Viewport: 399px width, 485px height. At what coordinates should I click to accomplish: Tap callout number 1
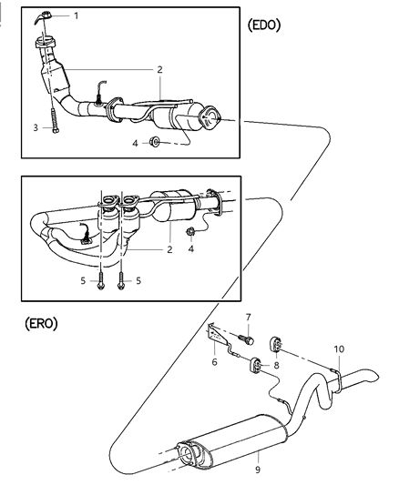76,15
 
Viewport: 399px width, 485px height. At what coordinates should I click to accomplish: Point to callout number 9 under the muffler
258,469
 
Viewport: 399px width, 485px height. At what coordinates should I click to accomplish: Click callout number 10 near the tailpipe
338,349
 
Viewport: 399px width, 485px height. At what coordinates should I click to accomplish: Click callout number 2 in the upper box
159,68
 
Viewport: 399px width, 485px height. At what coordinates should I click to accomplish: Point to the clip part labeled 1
46,15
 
